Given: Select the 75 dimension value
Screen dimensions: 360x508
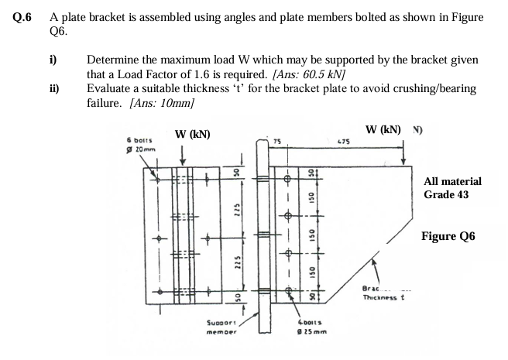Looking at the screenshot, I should tap(276, 141).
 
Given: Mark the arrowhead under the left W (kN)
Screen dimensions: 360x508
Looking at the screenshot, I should tap(180, 161).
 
